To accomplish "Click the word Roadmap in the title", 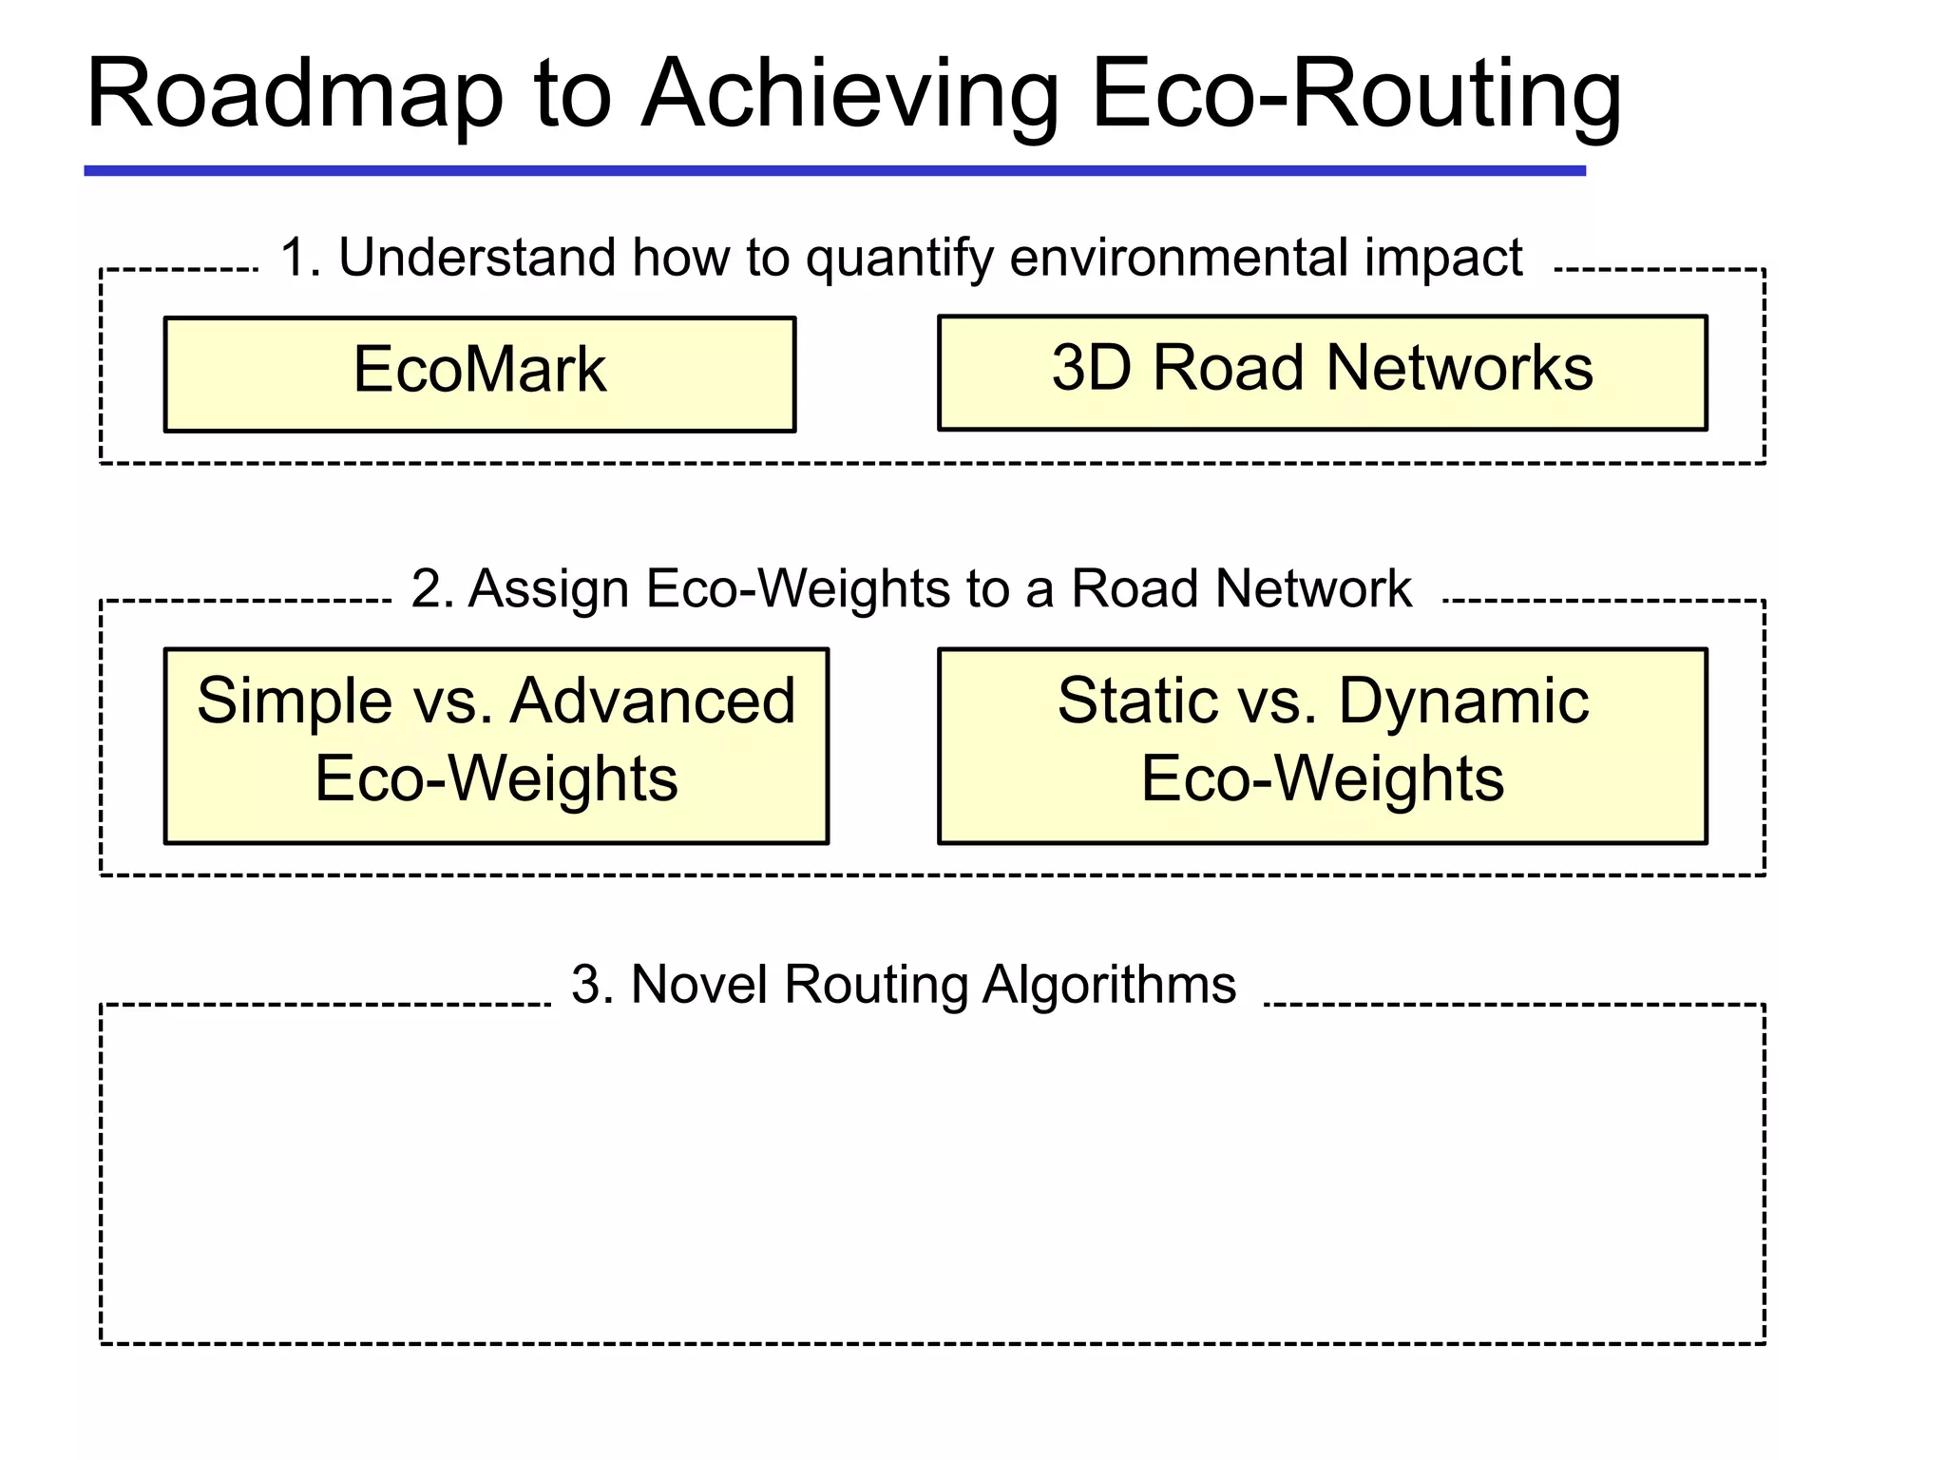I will [295, 95].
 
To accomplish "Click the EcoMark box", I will [480, 374].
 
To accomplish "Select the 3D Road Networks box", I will [1322, 373].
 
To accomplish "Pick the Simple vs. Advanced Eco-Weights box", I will [496, 745].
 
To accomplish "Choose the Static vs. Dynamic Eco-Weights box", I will [1322, 745].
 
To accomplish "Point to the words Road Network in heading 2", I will [1241, 588].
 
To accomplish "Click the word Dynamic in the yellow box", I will [1463, 702].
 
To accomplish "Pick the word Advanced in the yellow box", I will [653, 701].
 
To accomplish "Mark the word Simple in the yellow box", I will [294, 702].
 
